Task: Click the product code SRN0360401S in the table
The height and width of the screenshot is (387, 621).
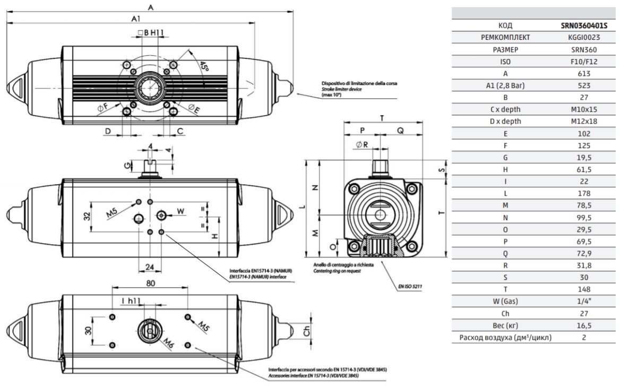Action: point(584,26)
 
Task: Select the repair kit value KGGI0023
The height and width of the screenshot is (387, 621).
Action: point(584,38)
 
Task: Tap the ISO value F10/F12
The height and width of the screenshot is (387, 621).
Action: point(584,62)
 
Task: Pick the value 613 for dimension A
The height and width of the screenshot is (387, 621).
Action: point(584,74)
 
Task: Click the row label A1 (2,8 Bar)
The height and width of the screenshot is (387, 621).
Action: point(505,85)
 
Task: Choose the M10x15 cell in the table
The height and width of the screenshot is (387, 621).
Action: point(584,109)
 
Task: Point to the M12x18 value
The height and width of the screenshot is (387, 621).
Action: point(584,121)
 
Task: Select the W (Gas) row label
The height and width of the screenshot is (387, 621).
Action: point(505,302)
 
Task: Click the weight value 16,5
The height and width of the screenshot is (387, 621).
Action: point(584,325)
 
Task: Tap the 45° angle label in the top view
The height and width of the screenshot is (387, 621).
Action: point(204,66)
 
